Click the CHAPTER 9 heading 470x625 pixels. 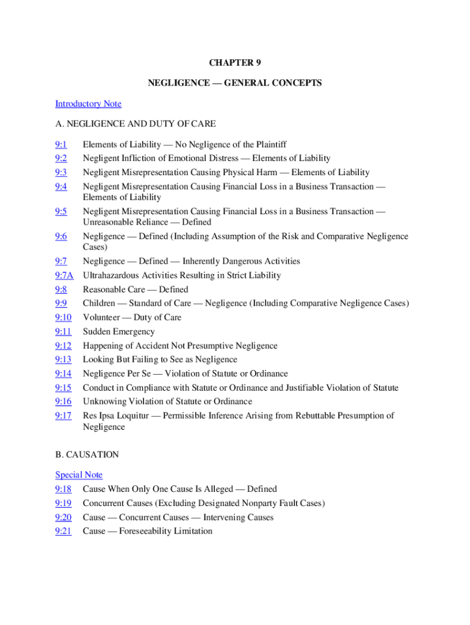tap(235, 62)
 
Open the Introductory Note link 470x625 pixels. tap(88, 104)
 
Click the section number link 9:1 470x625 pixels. tap(60, 145)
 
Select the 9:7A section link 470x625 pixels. tap(64, 275)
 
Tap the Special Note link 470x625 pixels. tap(79, 475)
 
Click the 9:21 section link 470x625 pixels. tap(63, 531)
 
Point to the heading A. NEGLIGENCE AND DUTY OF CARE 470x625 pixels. tap(135, 124)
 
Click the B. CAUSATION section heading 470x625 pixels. tap(87, 455)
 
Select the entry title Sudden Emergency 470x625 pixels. tap(118, 331)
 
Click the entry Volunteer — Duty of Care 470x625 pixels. tap(132, 317)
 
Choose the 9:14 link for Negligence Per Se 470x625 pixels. tap(63, 374)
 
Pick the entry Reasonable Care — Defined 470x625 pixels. tap(136, 289)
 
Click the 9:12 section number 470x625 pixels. tap(63, 345)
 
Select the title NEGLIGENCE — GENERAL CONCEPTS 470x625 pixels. tap(235, 83)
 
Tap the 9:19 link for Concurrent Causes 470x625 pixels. tap(63, 503)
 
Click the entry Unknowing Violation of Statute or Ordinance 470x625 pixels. tap(167, 402)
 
